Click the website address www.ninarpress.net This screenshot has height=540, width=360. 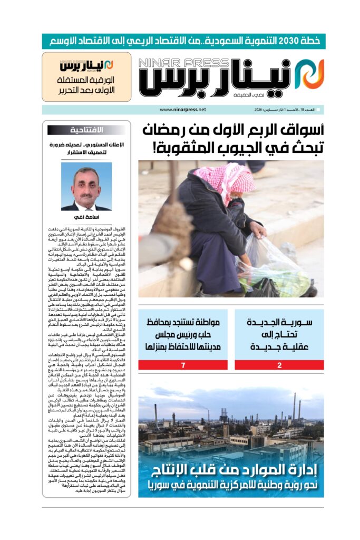[182, 110]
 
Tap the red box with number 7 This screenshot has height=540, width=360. [183, 365]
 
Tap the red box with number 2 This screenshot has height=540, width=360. [279, 365]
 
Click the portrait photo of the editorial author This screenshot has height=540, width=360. [86, 186]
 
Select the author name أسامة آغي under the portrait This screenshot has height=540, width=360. [86, 217]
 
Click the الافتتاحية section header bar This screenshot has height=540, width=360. [86, 130]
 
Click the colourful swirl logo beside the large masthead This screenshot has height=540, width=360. [309, 74]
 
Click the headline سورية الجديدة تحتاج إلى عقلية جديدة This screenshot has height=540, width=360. [279, 334]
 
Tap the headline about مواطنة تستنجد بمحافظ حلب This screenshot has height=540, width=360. [183, 334]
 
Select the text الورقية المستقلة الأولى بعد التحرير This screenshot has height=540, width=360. [86, 86]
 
